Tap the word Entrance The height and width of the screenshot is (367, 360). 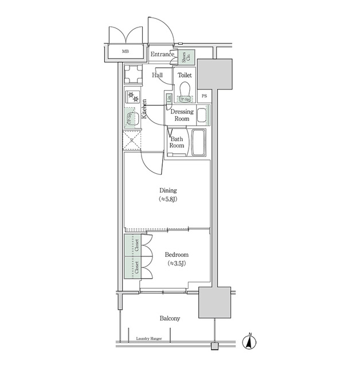162,54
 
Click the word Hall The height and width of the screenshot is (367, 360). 157,75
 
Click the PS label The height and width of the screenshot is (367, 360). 205,96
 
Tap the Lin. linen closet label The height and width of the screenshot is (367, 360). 169,98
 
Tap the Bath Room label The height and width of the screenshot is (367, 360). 177,142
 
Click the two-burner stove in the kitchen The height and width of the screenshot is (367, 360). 132,96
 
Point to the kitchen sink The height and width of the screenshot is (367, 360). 131,119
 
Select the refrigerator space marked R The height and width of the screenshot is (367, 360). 132,140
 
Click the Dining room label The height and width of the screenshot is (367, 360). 168,194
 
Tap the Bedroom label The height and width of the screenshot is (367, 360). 176,259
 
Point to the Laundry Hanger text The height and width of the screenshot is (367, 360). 149,339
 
